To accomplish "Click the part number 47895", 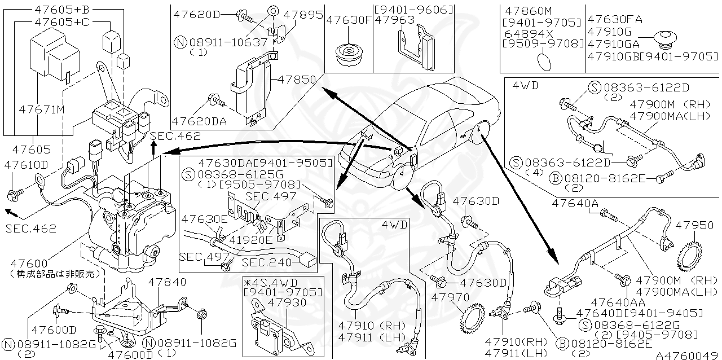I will coord(303,15).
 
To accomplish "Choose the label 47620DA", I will coord(199,121).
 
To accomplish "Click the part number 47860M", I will coord(527,11).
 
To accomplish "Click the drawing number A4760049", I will coord(688,355).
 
